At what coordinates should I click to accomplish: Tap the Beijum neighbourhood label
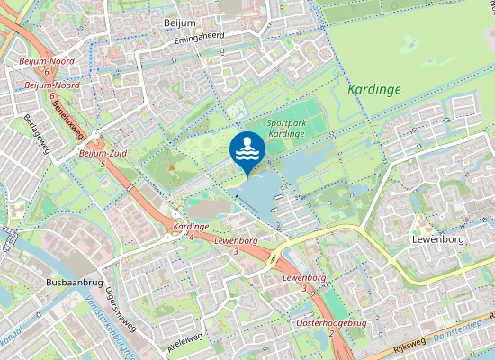click(180, 22)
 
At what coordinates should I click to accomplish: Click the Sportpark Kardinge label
click(300, 128)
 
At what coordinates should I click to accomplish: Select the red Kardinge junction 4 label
click(191, 226)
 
